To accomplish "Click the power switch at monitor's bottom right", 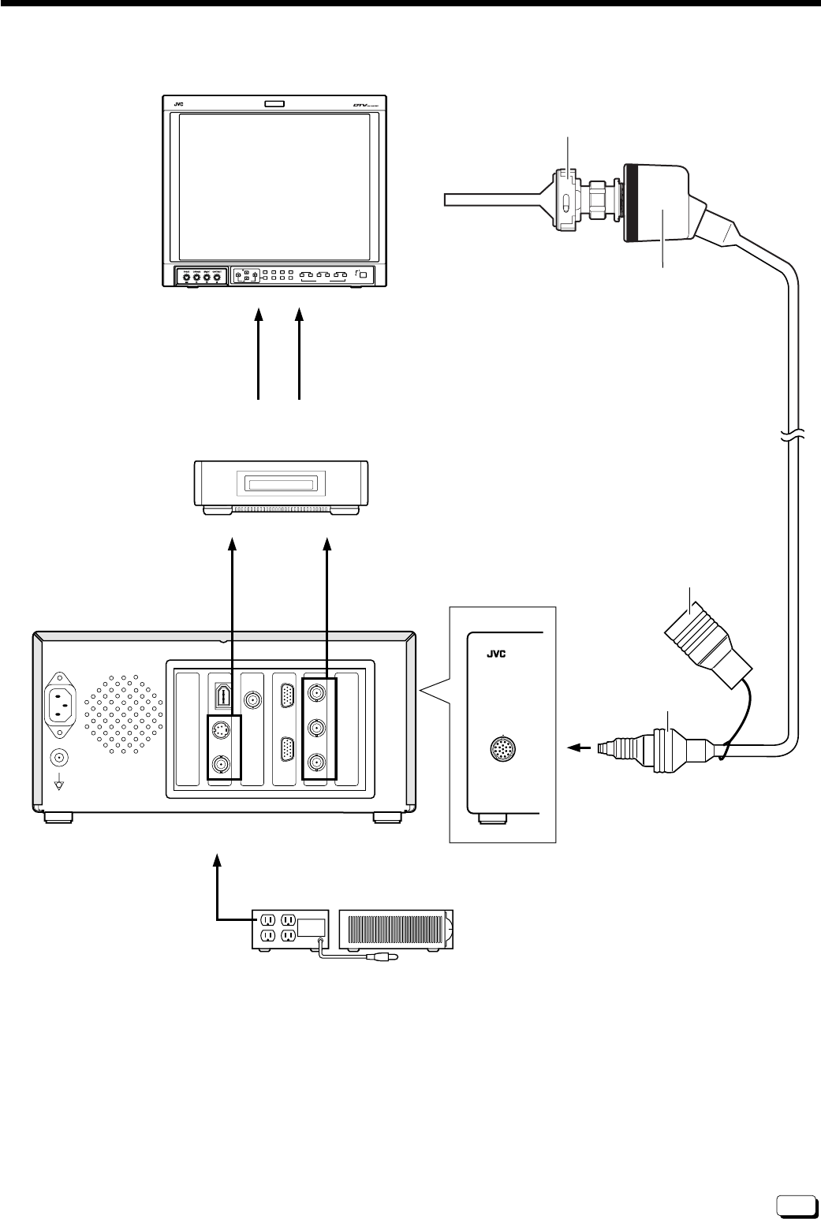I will pyautogui.click(x=363, y=275).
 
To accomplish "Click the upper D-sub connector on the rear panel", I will pyautogui.click(x=288, y=697).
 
